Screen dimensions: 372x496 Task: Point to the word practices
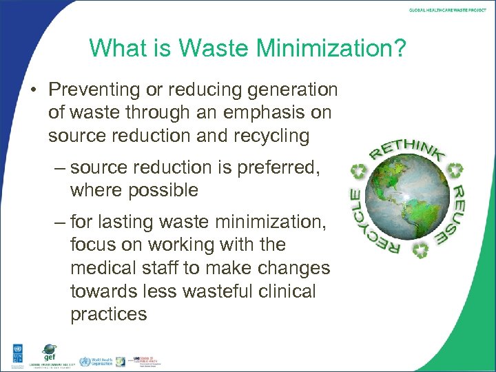pos(109,314)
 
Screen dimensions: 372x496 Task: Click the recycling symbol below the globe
pos(421,251)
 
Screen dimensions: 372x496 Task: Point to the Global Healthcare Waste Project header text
pos(446,10)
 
